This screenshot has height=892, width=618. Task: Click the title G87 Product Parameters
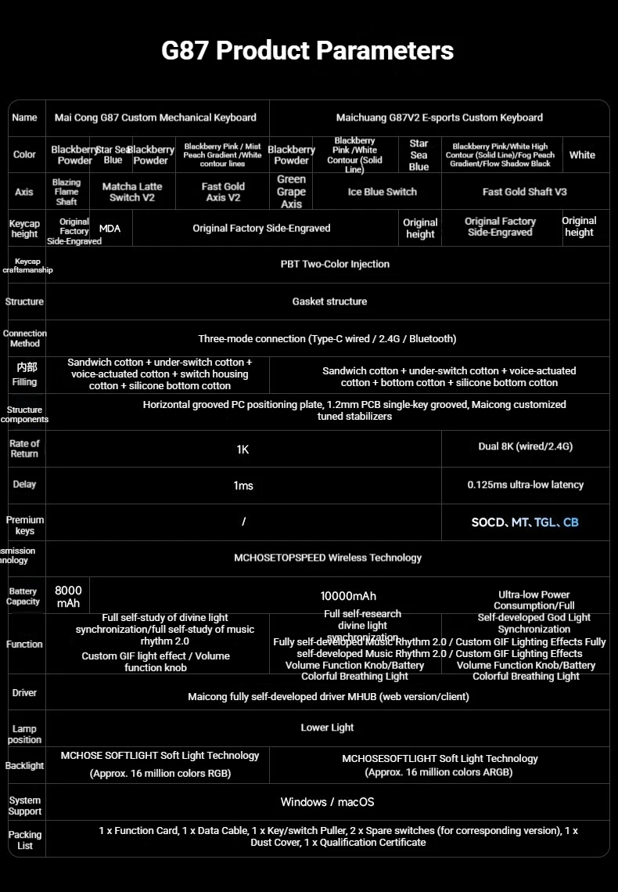(307, 51)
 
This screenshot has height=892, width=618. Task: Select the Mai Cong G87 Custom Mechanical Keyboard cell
(156, 117)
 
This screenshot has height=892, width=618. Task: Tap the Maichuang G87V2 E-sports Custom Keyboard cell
(439, 117)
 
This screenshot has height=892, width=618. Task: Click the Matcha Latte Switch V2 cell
(132, 192)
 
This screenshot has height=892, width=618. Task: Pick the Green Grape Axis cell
(291, 192)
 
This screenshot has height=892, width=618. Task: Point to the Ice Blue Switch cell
(382, 192)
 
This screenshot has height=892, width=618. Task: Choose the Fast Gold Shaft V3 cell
(524, 192)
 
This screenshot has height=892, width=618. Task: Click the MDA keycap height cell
(110, 229)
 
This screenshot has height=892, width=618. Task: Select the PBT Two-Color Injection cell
(335, 264)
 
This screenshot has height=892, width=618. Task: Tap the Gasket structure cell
(329, 302)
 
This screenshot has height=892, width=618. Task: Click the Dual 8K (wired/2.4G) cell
(525, 446)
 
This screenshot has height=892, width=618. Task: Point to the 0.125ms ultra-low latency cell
(525, 485)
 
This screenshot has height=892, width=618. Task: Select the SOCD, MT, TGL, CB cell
(525, 522)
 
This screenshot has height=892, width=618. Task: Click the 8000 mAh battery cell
(68, 597)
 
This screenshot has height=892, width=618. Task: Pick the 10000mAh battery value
(348, 596)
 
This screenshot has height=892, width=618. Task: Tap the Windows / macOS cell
(327, 802)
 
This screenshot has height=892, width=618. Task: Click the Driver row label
(24, 693)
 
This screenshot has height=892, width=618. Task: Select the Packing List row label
(25, 840)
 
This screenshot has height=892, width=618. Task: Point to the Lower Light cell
(327, 728)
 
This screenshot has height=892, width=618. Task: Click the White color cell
(582, 155)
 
